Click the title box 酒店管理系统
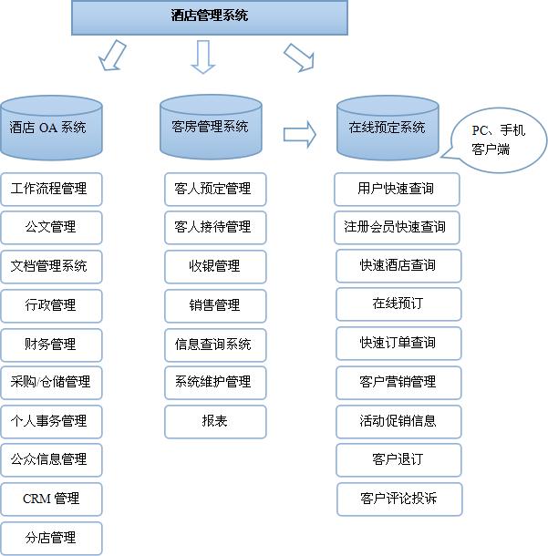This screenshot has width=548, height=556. tap(210, 16)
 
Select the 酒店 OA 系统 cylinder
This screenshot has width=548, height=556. tap(51, 128)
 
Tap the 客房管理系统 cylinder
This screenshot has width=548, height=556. tap(210, 127)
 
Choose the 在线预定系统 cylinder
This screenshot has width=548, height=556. tap(387, 128)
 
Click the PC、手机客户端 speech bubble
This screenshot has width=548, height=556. tap(498, 140)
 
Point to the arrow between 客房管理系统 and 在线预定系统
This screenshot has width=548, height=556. tap(299, 135)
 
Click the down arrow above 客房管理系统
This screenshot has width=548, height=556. tap(202, 57)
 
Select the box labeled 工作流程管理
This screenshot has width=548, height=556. tap(51, 189)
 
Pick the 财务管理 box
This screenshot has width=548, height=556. tap(51, 345)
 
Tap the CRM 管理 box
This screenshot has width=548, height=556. tap(51, 499)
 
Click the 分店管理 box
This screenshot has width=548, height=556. tap(51, 538)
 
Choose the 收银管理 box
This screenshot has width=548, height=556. tap(215, 266)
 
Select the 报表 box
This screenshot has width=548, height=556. tap(215, 422)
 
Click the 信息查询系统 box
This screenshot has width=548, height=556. tap(215, 345)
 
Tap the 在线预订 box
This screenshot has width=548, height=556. tap(398, 304)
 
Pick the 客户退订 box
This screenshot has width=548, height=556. tap(398, 459)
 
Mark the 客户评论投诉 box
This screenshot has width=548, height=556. tap(398, 499)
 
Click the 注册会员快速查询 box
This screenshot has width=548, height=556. tap(396, 227)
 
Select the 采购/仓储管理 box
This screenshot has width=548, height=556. tap(51, 383)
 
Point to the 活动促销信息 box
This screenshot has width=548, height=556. tap(398, 421)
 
